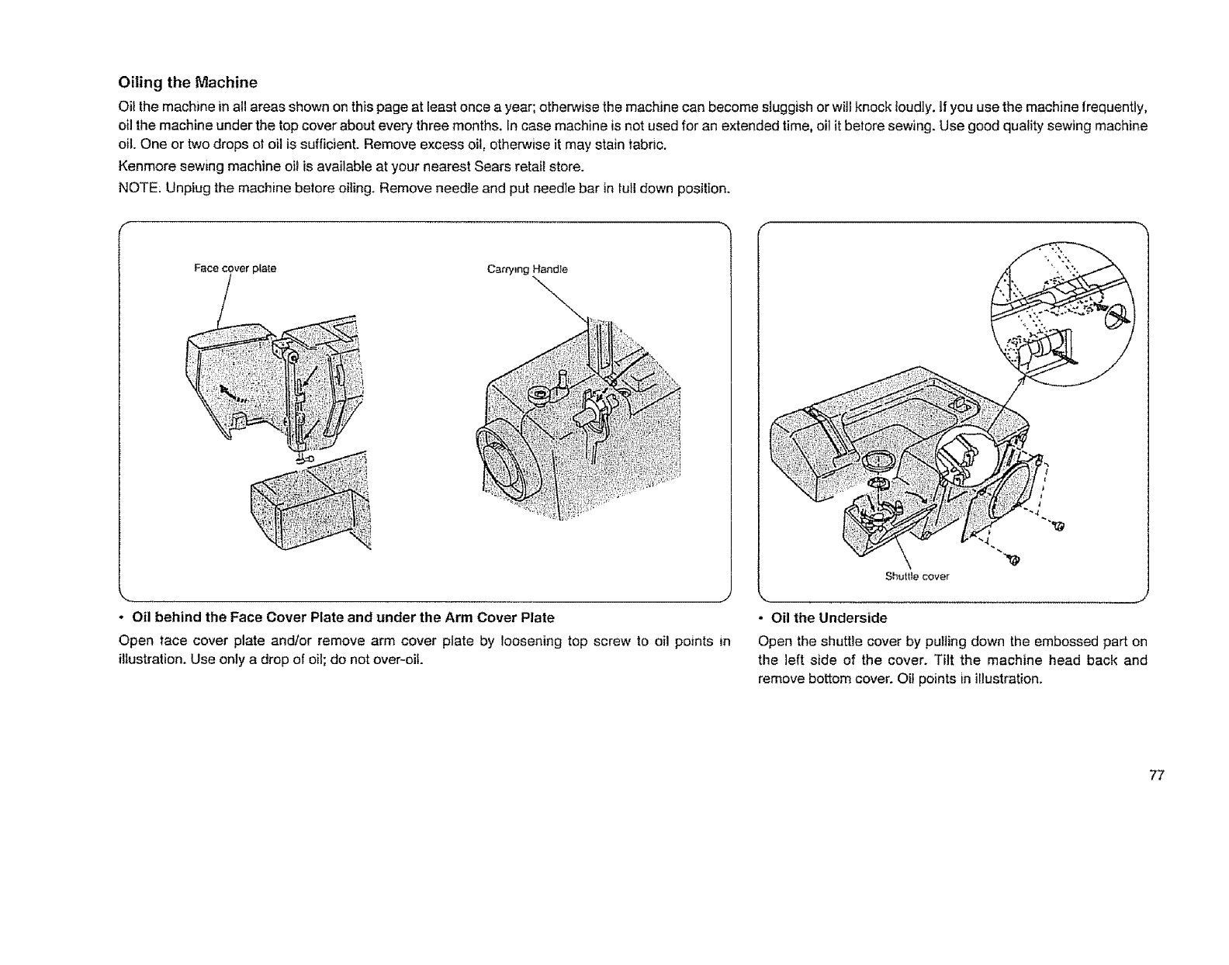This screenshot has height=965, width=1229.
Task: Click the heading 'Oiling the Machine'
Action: click(187, 81)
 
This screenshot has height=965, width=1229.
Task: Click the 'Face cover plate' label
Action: click(235, 269)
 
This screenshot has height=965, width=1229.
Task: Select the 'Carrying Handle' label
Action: click(527, 270)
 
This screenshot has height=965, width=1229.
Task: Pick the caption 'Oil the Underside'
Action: click(827, 618)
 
